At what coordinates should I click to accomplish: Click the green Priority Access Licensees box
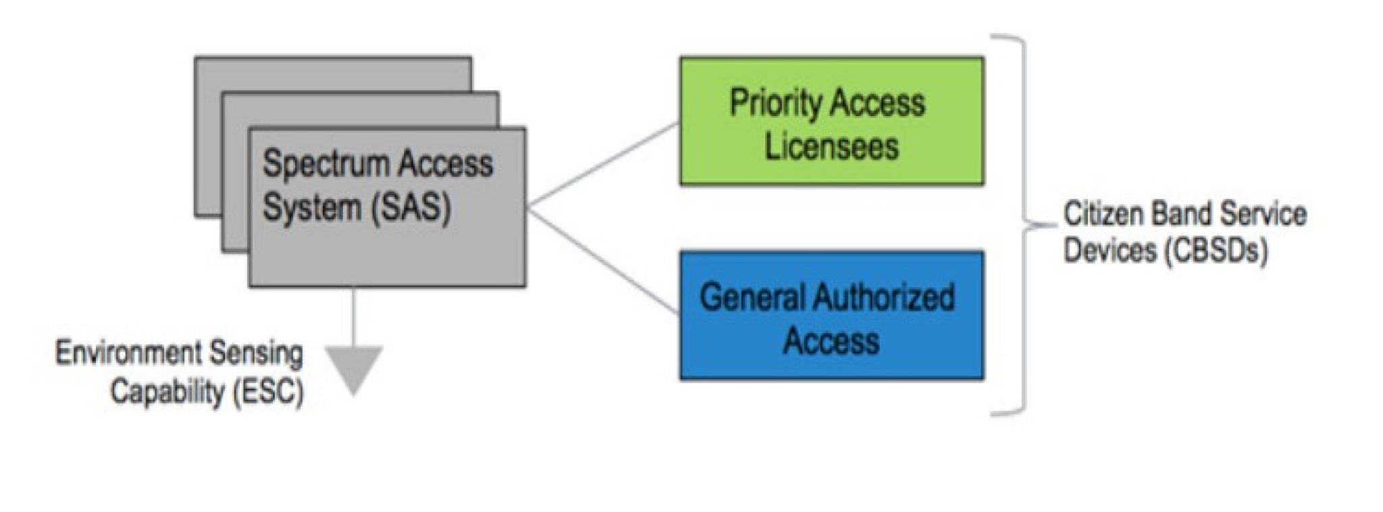831,121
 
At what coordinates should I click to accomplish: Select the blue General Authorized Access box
831,316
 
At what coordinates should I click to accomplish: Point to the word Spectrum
323,165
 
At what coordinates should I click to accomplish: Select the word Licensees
831,146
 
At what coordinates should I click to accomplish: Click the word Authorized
884,297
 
